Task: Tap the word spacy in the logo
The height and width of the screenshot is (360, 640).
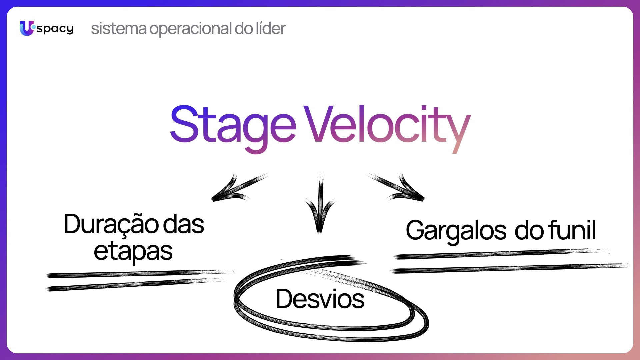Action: pyautogui.click(x=55, y=29)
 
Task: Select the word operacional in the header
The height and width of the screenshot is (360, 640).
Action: pyautogui.click(x=190, y=29)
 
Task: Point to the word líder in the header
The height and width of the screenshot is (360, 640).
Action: pyautogui.click(x=271, y=28)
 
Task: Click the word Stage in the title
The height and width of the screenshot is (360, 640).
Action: pyautogui.click(x=233, y=128)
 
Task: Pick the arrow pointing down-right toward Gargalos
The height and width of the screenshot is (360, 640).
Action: pyautogui.click(x=397, y=187)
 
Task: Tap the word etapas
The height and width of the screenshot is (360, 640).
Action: pyautogui.click(x=133, y=252)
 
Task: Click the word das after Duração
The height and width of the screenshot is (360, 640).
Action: pyautogui.click(x=183, y=224)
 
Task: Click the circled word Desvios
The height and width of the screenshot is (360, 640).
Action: pyautogui.click(x=320, y=299)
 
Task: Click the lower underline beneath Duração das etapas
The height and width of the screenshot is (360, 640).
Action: pyautogui.click(x=135, y=284)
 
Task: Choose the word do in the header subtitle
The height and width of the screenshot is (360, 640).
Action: pyautogui.click(x=244, y=28)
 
